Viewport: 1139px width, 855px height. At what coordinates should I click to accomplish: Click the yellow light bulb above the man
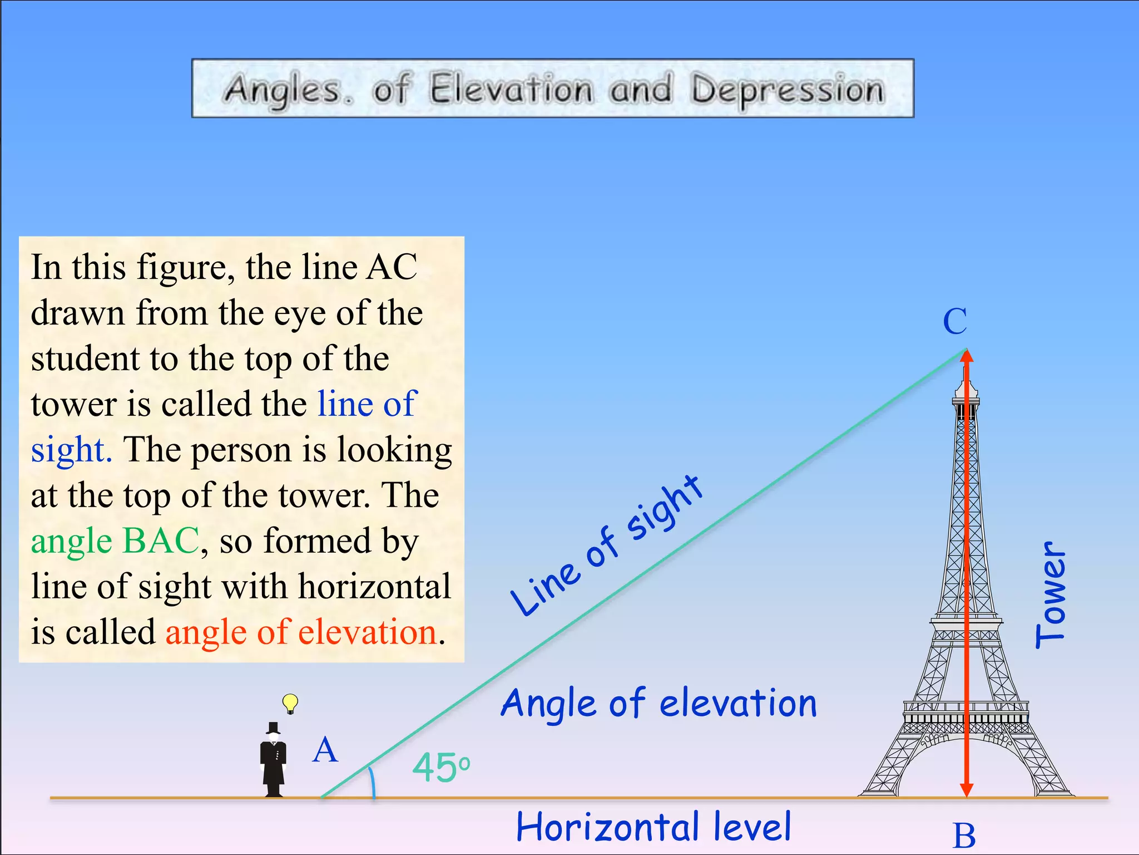[290, 702]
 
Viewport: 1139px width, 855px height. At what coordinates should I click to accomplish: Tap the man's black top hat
[273, 728]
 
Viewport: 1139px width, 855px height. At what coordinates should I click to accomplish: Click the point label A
[325, 750]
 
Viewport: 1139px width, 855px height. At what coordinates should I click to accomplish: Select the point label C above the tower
[955, 321]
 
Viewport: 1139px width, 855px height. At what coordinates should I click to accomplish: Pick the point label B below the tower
[964, 836]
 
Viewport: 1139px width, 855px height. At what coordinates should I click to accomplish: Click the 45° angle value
[441, 768]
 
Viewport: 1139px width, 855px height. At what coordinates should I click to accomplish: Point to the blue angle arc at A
[372, 782]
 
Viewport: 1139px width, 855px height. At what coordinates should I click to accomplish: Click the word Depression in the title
[787, 90]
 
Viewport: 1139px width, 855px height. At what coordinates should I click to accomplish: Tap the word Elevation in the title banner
[511, 89]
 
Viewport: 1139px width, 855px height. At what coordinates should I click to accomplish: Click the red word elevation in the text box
[368, 632]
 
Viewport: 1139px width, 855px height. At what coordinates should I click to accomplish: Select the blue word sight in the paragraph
[71, 450]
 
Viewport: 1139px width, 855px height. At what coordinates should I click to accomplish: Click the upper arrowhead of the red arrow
[967, 357]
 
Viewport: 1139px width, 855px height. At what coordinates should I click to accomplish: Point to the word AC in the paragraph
[392, 267]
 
